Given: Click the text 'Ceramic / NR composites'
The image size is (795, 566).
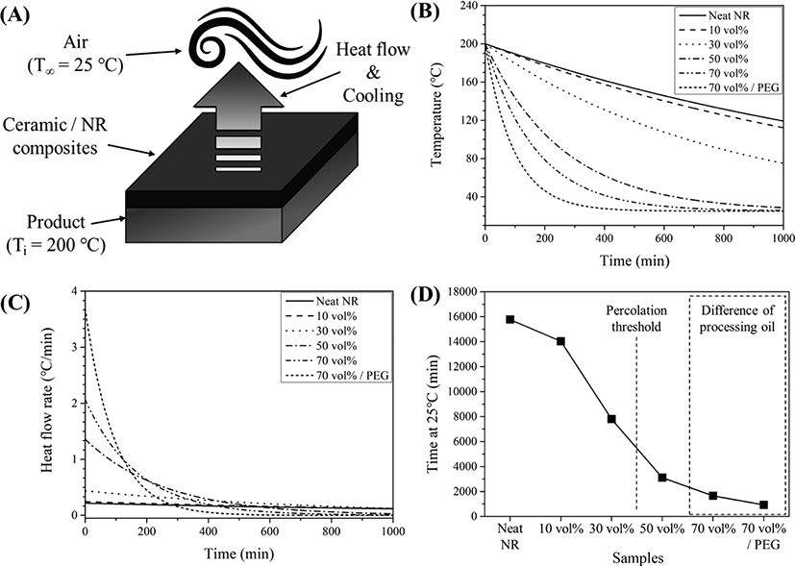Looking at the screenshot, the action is pos(55,136).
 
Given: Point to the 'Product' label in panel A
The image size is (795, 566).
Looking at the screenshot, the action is pos(56,222).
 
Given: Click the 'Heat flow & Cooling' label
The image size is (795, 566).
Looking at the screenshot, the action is pos(373,72).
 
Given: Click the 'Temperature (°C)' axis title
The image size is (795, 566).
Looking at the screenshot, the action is pos(437,114).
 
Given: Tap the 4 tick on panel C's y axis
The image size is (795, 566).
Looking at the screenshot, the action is pos(75,291).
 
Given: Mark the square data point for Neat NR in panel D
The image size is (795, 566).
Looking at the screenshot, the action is pos(510,319).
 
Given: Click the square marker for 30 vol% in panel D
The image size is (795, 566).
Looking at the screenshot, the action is pos(611,419).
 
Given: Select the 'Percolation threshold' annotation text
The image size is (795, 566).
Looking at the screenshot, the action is pos(636,318).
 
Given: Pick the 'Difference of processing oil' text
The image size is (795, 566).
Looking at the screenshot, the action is pos(737,318).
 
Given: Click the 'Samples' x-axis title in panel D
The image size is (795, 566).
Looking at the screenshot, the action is pos(637,558).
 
